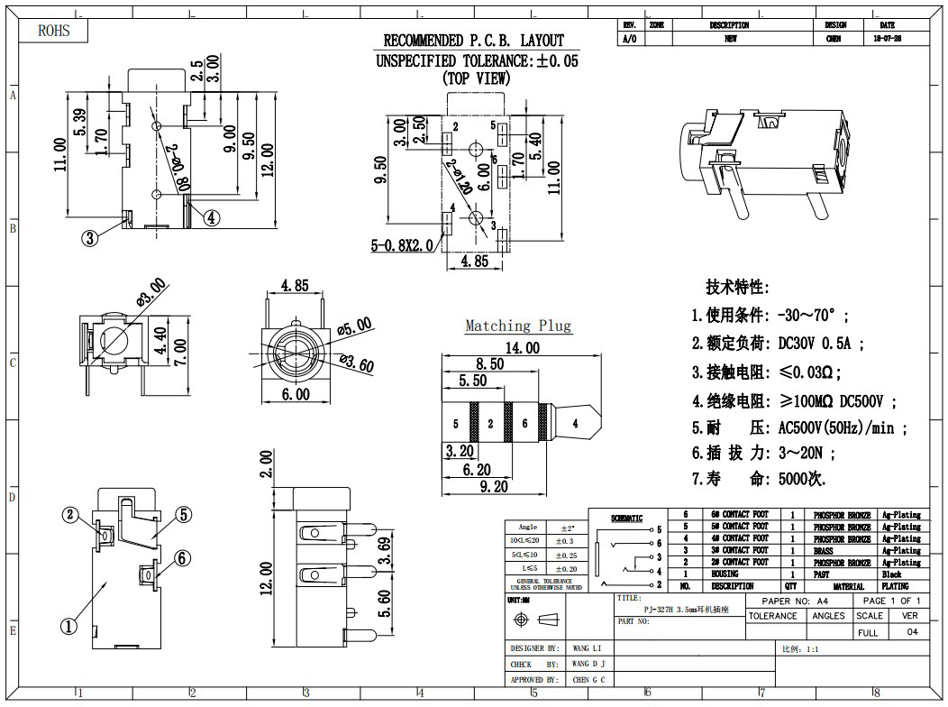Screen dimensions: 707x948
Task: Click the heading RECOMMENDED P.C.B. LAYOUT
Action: pyautogui.click(x=473, y=41)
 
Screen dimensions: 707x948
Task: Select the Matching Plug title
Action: pyautogui.click(x=518, y=326)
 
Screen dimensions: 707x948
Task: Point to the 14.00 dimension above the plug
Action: pyautogui.click(x=522, y=347)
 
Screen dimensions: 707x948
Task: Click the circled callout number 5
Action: pyautogui.click(x=183, y=515)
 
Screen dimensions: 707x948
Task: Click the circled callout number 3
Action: pyautogui.click(x=90, y=238)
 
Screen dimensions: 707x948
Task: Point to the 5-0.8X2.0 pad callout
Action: pyautogui.click(x=402, y=244)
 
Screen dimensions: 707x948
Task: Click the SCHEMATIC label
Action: pyautogui.click(x=627, y=519)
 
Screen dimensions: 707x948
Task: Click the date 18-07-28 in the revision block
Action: pyautogui.click(x=887, y=40)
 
